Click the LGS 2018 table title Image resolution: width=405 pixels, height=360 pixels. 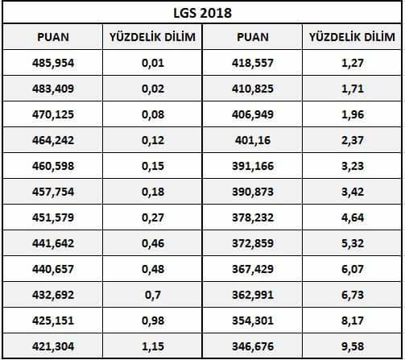202,13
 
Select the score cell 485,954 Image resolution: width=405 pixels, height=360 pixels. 53,63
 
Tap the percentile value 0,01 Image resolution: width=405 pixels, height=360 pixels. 153,63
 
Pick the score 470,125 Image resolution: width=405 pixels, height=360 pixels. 53,114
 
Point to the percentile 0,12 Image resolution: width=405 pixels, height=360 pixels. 153,140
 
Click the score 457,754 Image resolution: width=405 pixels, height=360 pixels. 53,192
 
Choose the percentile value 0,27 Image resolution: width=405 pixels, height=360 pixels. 153,217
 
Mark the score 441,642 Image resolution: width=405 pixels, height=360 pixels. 53,243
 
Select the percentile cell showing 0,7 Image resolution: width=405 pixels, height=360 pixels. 153,295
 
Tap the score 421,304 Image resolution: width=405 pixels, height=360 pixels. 53,346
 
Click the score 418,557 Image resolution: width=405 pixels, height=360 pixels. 253,63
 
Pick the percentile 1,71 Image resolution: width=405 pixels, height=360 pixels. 353,89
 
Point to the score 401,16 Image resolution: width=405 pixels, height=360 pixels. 253,140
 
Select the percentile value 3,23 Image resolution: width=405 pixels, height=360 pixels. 353,166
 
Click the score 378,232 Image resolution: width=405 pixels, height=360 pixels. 253,217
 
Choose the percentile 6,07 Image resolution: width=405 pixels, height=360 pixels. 353,269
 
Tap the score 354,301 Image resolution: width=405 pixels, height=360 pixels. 253,321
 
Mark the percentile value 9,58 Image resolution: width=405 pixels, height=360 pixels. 353,346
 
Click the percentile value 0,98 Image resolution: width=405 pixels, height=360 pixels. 153,321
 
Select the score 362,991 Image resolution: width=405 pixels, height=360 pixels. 253,295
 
